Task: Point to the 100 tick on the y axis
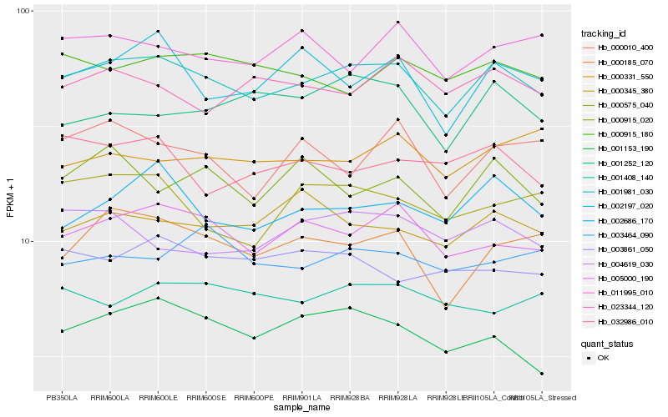[23, 11]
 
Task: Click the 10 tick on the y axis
[25, 241]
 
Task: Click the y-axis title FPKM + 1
[11, 200]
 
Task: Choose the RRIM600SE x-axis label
[205, 397]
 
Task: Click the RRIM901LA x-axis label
[301, 397]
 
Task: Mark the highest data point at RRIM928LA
[397, 23]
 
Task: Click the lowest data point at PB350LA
[62, 331]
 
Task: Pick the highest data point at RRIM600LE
[158, 32]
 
